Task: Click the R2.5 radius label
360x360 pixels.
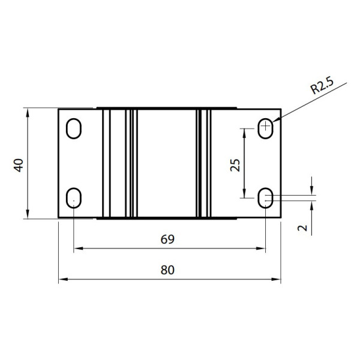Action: pyautogui.click(x=322, y=86)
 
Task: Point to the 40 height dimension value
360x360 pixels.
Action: pyautogui.click(x=19, y=166)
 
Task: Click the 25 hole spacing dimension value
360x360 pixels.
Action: pyautogui.click(x=235, y=166)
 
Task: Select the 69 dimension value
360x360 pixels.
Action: pyautogui.click(x=167, y=239)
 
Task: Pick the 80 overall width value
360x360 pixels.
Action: pyautogui.click(x=167, y=270)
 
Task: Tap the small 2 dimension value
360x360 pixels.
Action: pyautogui.click(x=302, y=228)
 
